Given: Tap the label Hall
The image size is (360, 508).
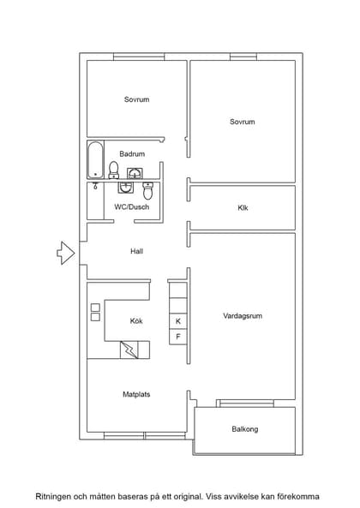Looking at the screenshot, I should pos(136,252).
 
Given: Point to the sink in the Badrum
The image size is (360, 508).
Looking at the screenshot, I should pos(134,174).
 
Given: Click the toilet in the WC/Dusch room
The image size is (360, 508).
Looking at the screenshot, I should pos(147,190).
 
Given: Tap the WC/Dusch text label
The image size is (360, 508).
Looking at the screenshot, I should pos(131,207).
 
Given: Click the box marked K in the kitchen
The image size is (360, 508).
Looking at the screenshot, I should pos(178,321).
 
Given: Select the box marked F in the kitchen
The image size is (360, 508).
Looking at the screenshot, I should pos(178,337).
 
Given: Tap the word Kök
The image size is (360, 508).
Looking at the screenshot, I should pos(136,321).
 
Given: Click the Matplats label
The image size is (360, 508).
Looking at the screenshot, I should pos(136,395).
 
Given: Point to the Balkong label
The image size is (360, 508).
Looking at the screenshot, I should pos(244,429).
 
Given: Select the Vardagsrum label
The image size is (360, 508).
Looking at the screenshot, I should pos(242,316).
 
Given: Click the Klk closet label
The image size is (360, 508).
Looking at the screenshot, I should pos(243,208).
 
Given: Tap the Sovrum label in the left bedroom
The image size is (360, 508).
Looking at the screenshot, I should pos(136,100).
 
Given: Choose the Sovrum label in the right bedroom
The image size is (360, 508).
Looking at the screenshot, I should pos(242,122).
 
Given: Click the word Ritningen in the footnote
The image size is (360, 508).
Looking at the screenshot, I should pos(54,496).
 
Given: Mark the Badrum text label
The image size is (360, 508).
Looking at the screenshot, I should pos(132,154).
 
